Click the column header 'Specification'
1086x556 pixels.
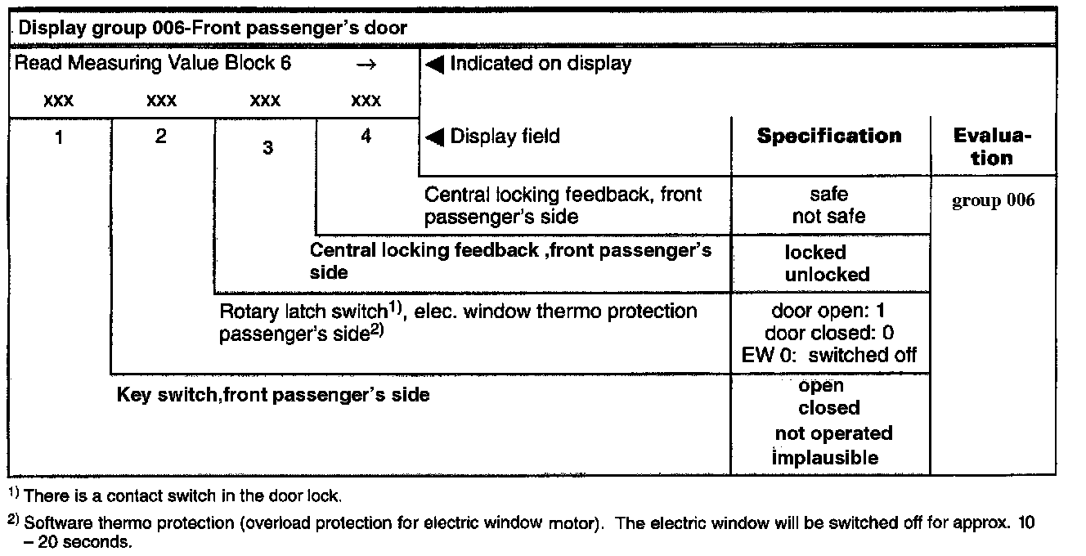click(829, 136)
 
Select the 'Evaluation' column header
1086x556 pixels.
click(992, 147)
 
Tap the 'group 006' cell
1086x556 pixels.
click(993, 201)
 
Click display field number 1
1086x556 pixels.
click(59, 137)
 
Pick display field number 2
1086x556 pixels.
click(160, 137)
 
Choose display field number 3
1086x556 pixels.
click(267, 149)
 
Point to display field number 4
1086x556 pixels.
click(366, 137)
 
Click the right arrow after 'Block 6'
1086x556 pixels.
click(366, 64)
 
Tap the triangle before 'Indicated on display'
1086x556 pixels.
click(435, 64)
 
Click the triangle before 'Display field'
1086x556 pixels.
click(435, 137)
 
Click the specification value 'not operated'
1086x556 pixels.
click(833, 433)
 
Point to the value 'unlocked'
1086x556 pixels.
click(827, 275)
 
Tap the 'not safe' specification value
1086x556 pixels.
click(828, 217)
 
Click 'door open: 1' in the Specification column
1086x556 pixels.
click(828, 312)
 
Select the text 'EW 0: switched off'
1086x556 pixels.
click(829, 355)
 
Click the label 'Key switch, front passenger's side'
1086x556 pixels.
click(273, 395)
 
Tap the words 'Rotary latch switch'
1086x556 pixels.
click(303, 312)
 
